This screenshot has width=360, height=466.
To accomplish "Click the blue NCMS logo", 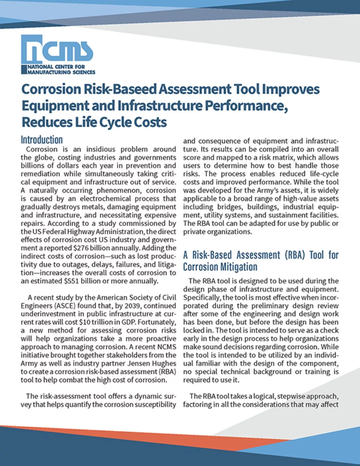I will [57, 49].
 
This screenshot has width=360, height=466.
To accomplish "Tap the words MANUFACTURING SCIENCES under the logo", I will [62, 72].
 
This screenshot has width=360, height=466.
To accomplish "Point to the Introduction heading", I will [42, 140].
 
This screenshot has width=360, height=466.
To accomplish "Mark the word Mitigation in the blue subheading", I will [238, 267].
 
